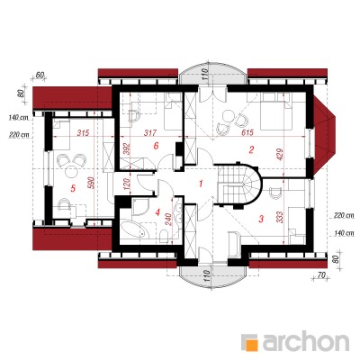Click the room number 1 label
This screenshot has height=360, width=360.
click(x=202, y=183)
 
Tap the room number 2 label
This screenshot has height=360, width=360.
click(x=251, y=149)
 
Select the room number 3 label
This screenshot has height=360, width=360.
click(x=261, y=219)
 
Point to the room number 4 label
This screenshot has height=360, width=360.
click(x=157, y=212)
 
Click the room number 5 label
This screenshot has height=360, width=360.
click(x=72, y=188)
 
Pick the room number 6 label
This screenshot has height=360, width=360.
click(x=156, y=146)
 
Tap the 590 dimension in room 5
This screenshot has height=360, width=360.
click(x=92, y=183)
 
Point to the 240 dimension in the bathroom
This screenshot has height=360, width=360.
click(x=167, y=220)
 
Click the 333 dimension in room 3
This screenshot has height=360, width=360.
click(x=279, y=219)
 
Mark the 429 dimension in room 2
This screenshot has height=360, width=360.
click(x=279, y=155)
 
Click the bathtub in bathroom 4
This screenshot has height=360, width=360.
click(x=134, y=231)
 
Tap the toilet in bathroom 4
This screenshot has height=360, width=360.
click(x=165, y=236)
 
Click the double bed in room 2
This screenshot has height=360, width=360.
click(x=276, y=111)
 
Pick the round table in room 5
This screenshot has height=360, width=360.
click(x=71, y=172)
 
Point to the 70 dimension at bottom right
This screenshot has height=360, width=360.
click(x=321, y=275)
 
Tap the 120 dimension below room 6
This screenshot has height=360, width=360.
click(x=126, y=184)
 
